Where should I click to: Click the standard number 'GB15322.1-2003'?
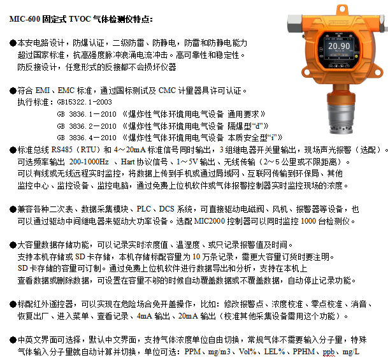point(85,101)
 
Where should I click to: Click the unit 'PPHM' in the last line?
point(304,352)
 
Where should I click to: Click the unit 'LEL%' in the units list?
point(274,352)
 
